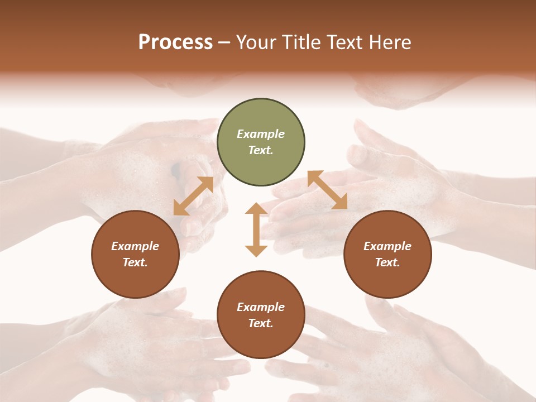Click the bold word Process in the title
coord(175,42)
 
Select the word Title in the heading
coord(300,42)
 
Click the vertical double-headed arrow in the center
coord(256,229)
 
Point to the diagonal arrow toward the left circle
coord(193,196)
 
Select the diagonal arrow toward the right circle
coord(327,190)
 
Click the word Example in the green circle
coord(261,134)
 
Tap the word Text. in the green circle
coord(261,150)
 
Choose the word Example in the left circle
coord(135,246)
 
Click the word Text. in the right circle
coord(387,262)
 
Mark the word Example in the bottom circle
coord(261,307)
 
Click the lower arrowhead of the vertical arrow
coord(256,251)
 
